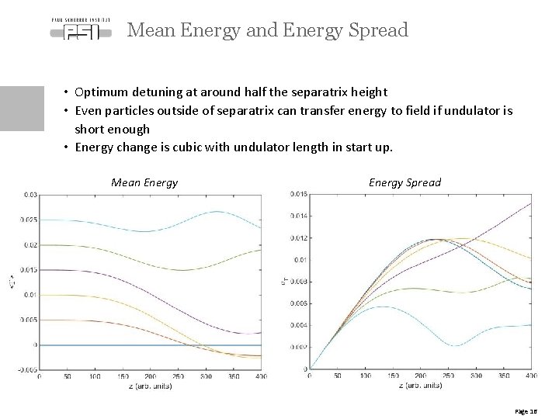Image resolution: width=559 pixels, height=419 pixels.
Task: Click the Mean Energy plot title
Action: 144,183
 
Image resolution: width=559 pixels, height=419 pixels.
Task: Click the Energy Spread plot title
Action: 404,183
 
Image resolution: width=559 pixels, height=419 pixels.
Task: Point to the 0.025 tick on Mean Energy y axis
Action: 28,220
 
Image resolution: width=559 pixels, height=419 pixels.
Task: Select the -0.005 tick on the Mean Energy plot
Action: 27,369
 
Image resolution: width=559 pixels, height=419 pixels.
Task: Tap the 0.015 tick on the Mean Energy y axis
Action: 28,270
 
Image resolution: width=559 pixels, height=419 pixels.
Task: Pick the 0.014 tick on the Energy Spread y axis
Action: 298,215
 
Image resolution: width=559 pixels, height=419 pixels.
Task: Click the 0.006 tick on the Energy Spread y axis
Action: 298,303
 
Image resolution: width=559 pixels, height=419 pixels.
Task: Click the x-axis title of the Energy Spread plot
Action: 420,386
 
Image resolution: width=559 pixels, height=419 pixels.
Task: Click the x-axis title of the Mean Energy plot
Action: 150,386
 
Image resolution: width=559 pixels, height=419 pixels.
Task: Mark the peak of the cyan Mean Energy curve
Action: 217,211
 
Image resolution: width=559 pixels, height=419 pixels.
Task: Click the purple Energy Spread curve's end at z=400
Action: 531,203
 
